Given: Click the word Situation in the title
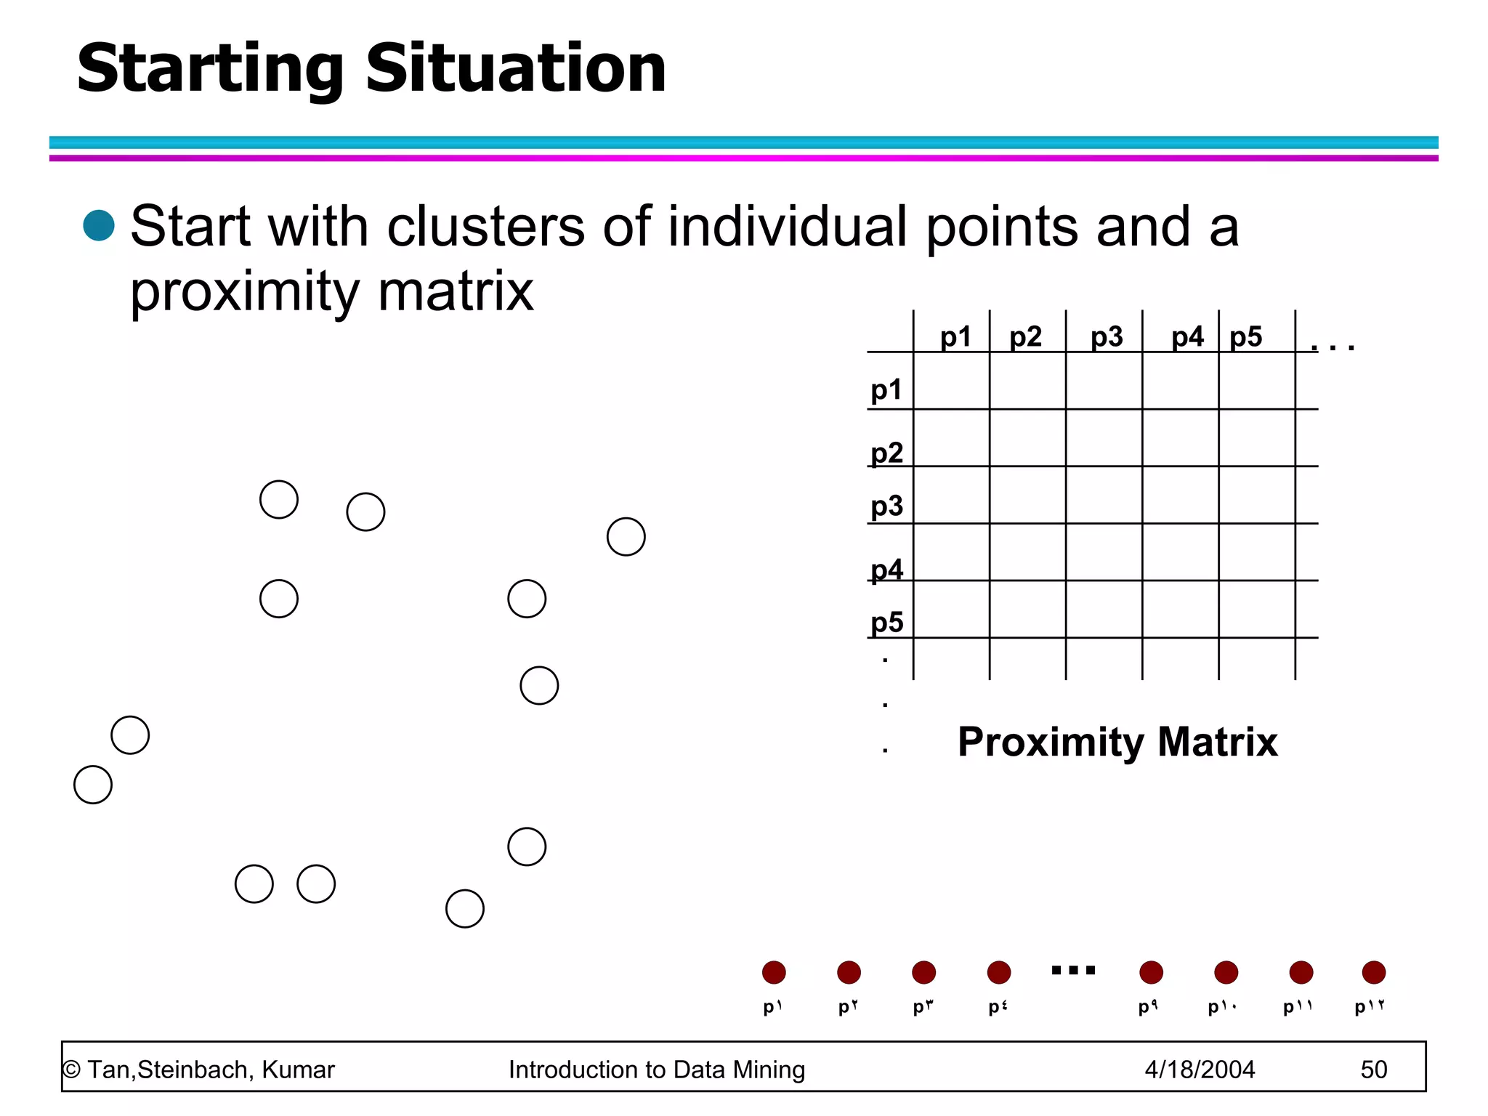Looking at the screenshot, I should (x=516, y=69).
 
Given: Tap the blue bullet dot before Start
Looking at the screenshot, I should (x=99, y=225).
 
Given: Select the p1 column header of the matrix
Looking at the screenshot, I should (x=955, y=337).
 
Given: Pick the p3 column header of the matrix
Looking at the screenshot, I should (x=1106, y=337).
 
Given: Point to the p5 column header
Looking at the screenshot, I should (x=1245, y=337).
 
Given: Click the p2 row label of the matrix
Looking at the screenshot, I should (x=886, y=453).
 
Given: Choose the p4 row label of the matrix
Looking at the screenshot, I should (x=886, y=570).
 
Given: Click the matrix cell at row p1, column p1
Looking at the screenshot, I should (x=951, y=381).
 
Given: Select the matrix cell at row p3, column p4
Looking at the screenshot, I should (x=1180, y=495).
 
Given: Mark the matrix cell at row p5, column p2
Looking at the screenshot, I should (x=1027, y=609).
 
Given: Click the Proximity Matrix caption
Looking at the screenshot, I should (x=1117, y=742).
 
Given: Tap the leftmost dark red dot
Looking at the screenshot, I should (x=774, y=972).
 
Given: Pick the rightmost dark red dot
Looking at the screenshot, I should (x=1373, y=972).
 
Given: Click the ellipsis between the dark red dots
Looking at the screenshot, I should (x=1073, y=970).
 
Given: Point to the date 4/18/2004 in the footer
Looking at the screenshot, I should (x=1200, y=1069).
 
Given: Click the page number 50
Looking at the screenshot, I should (x=1373, y=1069).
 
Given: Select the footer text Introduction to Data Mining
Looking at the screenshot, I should (x=657, y=1069).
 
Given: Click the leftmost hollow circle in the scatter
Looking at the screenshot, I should (x=93, y=785).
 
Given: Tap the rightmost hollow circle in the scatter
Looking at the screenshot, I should (x=626, y=537).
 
